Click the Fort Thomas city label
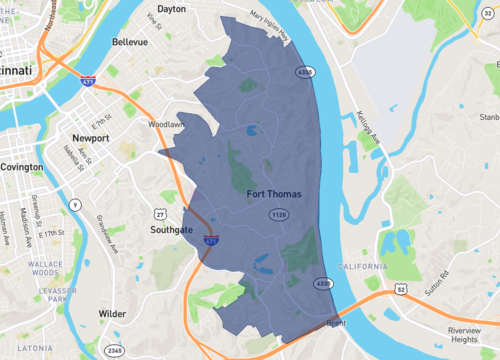(x=273, y=192)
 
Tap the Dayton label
(x=172, y=8)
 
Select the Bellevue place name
(x=129, y=43)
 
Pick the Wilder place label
(x=113, y=313)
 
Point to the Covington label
(x=22, y=167)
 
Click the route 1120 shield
(x=280, y=214)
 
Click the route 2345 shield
(x=117, y=350)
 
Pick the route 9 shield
(x=75, y=204)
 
